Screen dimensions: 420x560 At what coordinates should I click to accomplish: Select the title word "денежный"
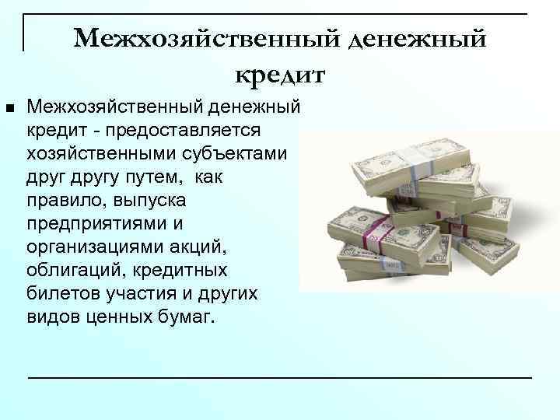417,38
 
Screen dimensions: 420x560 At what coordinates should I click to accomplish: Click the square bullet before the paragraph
9,105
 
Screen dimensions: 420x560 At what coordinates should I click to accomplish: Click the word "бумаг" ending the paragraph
187,320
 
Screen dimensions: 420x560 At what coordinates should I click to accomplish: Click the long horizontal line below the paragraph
279,377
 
